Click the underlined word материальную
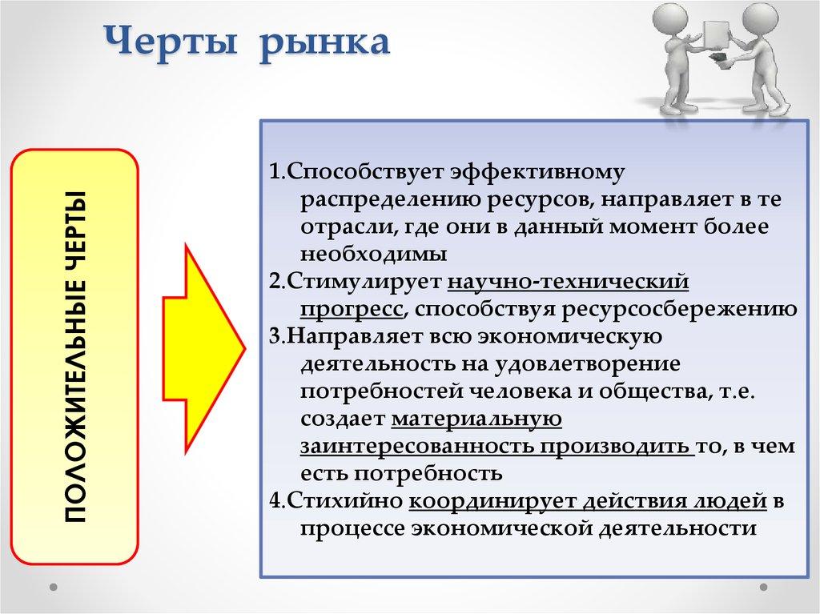tap(477, 419)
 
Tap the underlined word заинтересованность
tap(416, 446)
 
